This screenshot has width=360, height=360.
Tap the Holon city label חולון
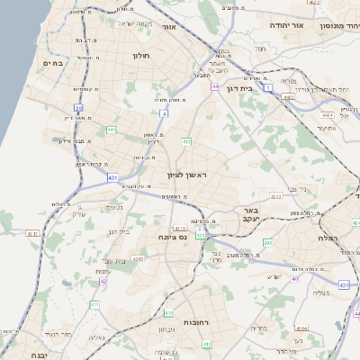point(141,56)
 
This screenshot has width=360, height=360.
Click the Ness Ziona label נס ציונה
point(170,238)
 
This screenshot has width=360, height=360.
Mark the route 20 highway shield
point(79,108)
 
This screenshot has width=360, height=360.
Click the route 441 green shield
point(111,130)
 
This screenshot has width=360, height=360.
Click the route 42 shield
point(103,282)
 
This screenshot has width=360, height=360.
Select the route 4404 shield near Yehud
point(326,115)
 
